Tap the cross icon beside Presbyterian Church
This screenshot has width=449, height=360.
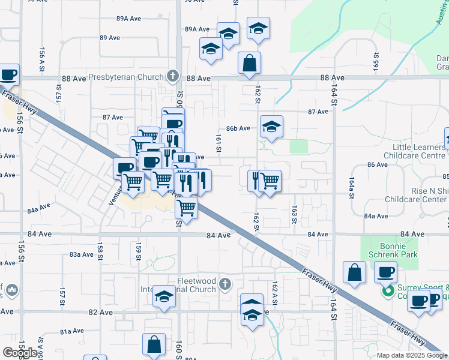click(x=173, y=76)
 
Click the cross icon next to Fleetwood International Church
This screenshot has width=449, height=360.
click(x=224, y=284)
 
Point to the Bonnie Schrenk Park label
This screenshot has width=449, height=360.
click(x=385, y=251)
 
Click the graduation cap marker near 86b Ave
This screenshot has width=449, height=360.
click(x=271, y=127)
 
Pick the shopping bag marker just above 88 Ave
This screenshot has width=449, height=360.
click(x=249, y=62)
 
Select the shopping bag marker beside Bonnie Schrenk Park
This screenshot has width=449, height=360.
click(x=354, y=272)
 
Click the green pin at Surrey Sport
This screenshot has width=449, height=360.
click(x=388, y=292)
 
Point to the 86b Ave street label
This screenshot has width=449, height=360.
click(x=238, y=128)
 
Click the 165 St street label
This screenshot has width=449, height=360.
click(x=376, y=61)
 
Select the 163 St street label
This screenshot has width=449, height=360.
click(x=295, y=214)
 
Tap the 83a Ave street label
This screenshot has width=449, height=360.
click(x=81, y=254)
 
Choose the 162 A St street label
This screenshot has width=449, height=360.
click(x=275, y=291)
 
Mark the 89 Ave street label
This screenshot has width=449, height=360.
click(x=110, y=38)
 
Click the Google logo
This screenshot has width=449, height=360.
click(x=20, y=353)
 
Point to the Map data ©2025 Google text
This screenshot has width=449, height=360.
click(x=411, y=355)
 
